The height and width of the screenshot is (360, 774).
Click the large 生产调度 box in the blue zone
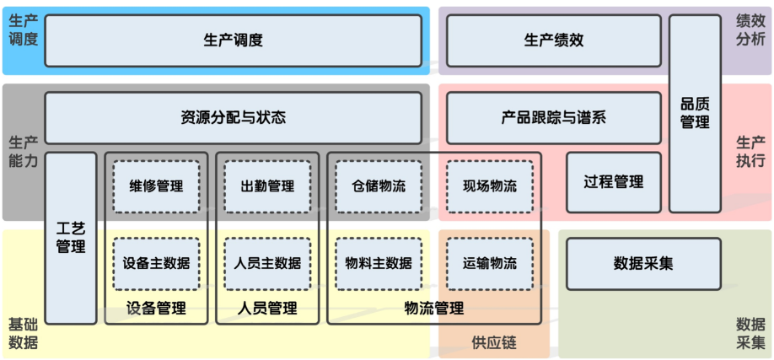click(233, 40)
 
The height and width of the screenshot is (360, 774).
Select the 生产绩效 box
click(553, 40)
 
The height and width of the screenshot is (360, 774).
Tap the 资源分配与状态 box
click(233, 118)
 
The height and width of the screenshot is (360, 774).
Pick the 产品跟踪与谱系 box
click(553, 118)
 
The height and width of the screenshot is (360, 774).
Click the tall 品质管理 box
click(695, 113)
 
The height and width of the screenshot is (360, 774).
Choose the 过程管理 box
click(613, 182)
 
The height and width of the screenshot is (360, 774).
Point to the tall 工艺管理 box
click(71, 238)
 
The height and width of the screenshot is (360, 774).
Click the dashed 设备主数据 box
click(156, 263)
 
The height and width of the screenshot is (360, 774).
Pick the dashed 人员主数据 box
click(267, 263)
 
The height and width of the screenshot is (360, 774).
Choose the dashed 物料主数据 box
click(379, 263)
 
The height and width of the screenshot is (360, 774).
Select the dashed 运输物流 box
click(490, 263)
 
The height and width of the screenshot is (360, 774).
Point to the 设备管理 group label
click(156, 309)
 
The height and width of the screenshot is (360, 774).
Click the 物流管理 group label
click(434, 309)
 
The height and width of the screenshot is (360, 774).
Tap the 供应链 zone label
click(493, 343)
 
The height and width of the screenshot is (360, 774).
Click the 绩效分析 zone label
click(750, 30)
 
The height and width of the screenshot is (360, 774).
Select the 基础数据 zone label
click(23, 333)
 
